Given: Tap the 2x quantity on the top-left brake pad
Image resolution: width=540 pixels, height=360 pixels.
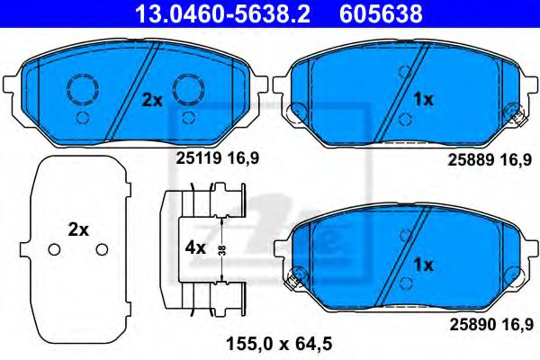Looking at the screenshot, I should (152, 101).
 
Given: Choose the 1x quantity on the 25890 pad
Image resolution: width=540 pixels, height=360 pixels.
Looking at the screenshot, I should (423, 265).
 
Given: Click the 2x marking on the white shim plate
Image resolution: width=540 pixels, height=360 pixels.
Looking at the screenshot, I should (78, 230).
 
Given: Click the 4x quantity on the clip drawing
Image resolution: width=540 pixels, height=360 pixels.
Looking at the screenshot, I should (193, 245).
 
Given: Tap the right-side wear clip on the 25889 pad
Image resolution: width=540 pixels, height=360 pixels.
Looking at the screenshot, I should (516, 112).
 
